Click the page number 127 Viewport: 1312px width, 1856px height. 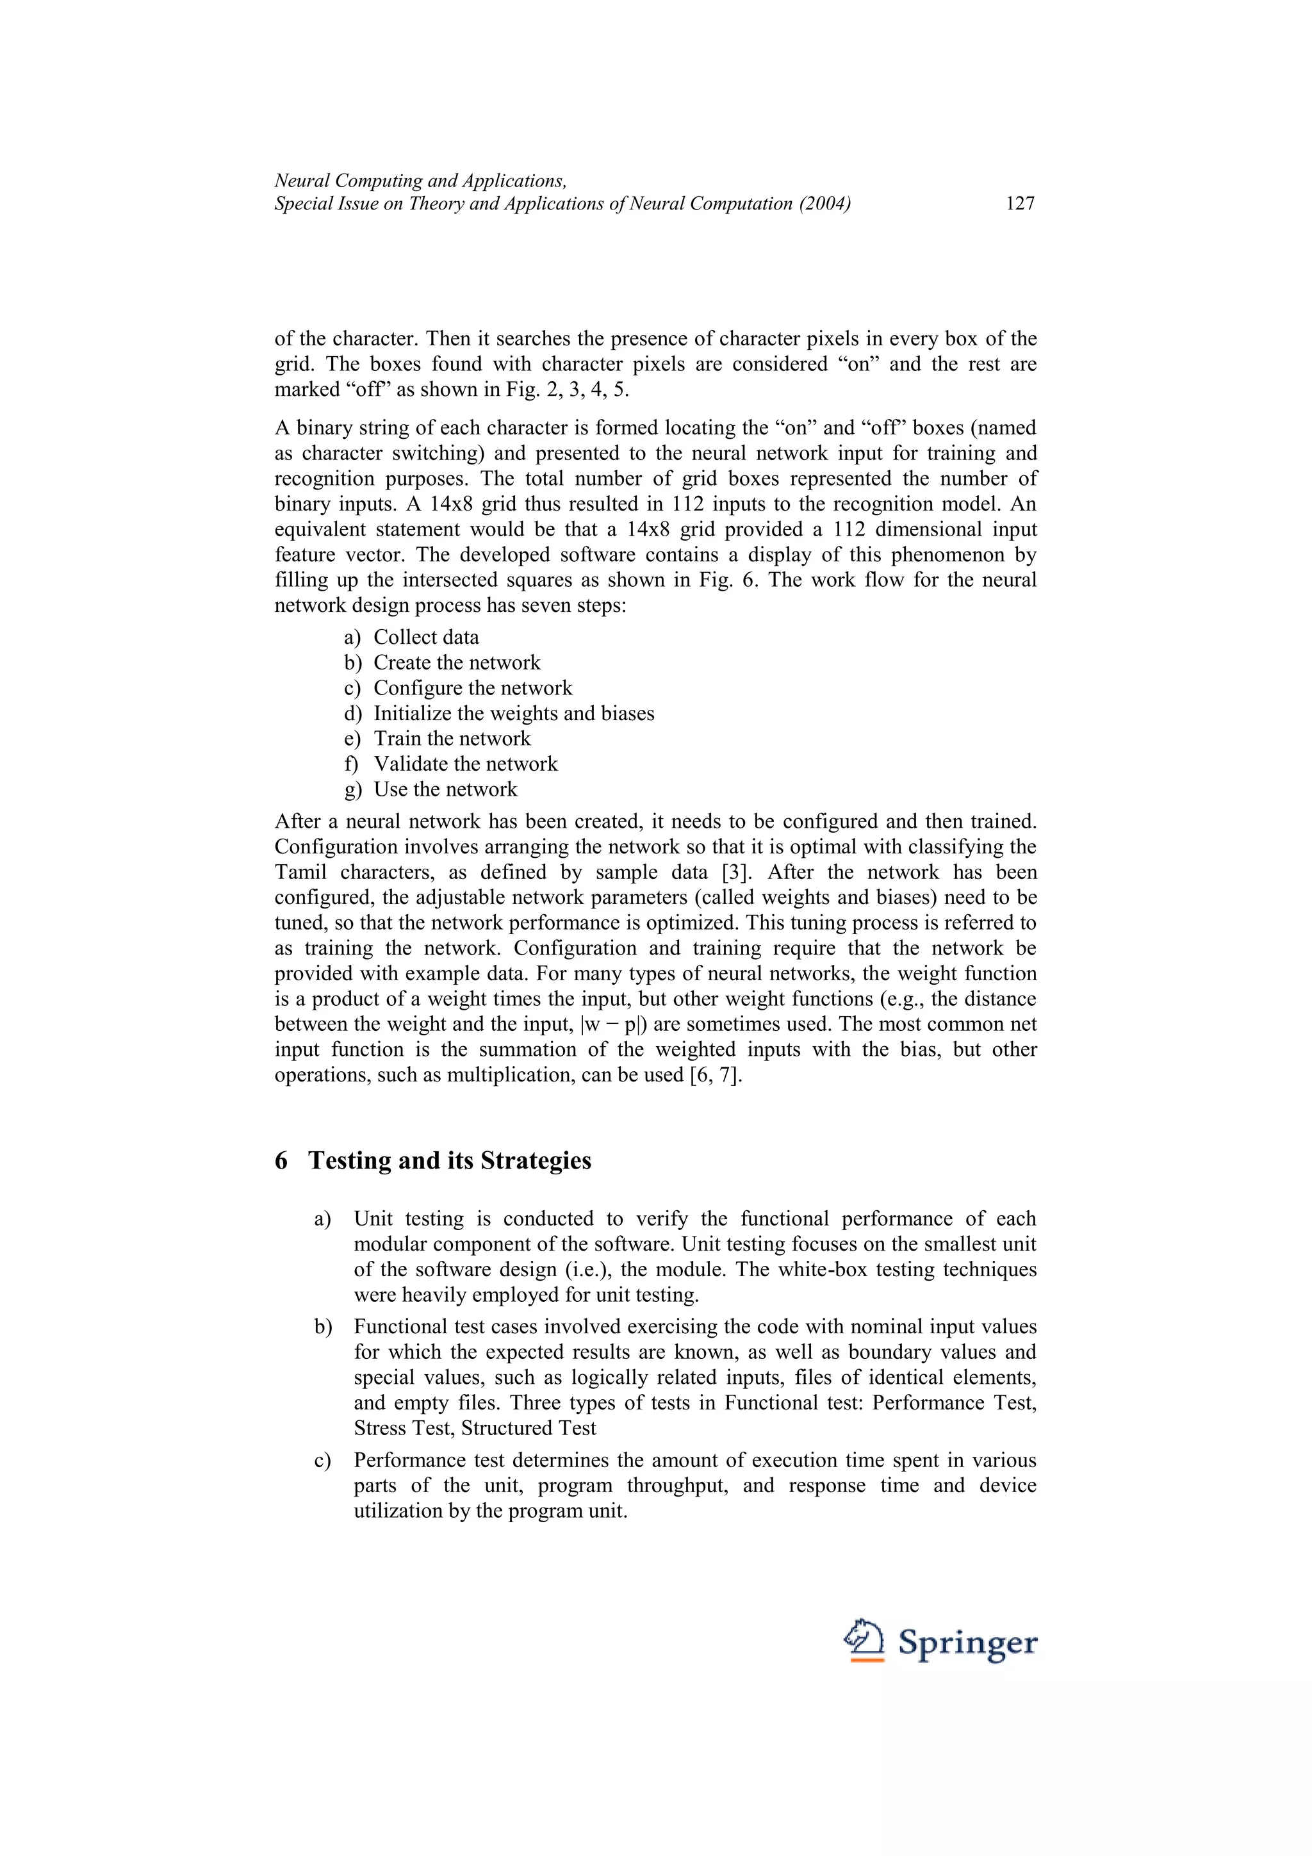(1019, 204)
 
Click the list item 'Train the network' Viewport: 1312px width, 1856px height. (451, 738)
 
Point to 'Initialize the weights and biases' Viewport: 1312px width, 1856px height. (513, 713)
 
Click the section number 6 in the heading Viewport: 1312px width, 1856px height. (281, 1161)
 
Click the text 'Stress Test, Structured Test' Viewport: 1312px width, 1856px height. (475, 1429)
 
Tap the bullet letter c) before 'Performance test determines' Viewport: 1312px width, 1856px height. (322, 1461)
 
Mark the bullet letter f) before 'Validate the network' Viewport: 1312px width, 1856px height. (351, 764)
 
